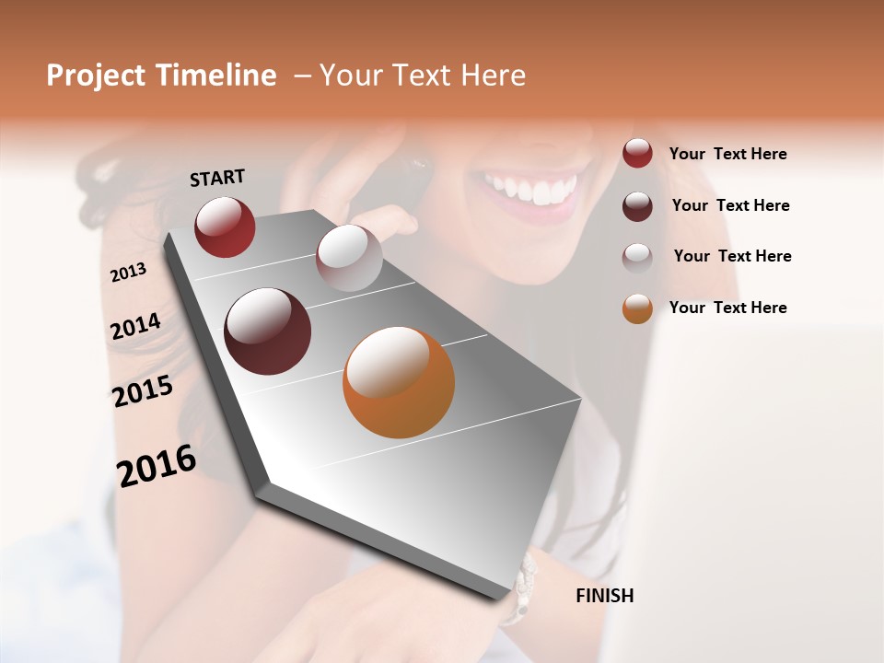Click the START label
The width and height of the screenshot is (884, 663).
point(217,178)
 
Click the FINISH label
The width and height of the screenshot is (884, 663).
point(604,596)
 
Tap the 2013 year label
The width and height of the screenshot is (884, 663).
point(129,272)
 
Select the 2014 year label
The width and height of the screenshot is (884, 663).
point(136,327)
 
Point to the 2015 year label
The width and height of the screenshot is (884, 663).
point(143,391)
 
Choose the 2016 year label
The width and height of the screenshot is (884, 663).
point(157,466)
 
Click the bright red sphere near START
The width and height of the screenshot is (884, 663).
point(225,227)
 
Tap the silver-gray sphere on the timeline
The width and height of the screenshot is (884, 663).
point(349,258)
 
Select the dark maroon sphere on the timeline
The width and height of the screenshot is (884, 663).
point(268,331)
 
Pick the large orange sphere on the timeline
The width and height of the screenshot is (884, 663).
point(399,382)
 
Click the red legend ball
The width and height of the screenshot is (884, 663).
point(637,154)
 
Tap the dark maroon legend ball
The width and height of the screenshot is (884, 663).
point(637,205)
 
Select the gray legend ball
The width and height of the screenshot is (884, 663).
point(637,257)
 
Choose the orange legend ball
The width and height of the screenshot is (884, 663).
point(637,308)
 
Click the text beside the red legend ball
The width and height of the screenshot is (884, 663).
point(727,154)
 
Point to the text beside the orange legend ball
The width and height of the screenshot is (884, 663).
point(727,308)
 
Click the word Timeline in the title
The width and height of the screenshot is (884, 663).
point(216,76)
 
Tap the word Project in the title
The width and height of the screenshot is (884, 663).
point(96,76)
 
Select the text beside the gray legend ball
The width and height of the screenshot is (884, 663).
point(732,256)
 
